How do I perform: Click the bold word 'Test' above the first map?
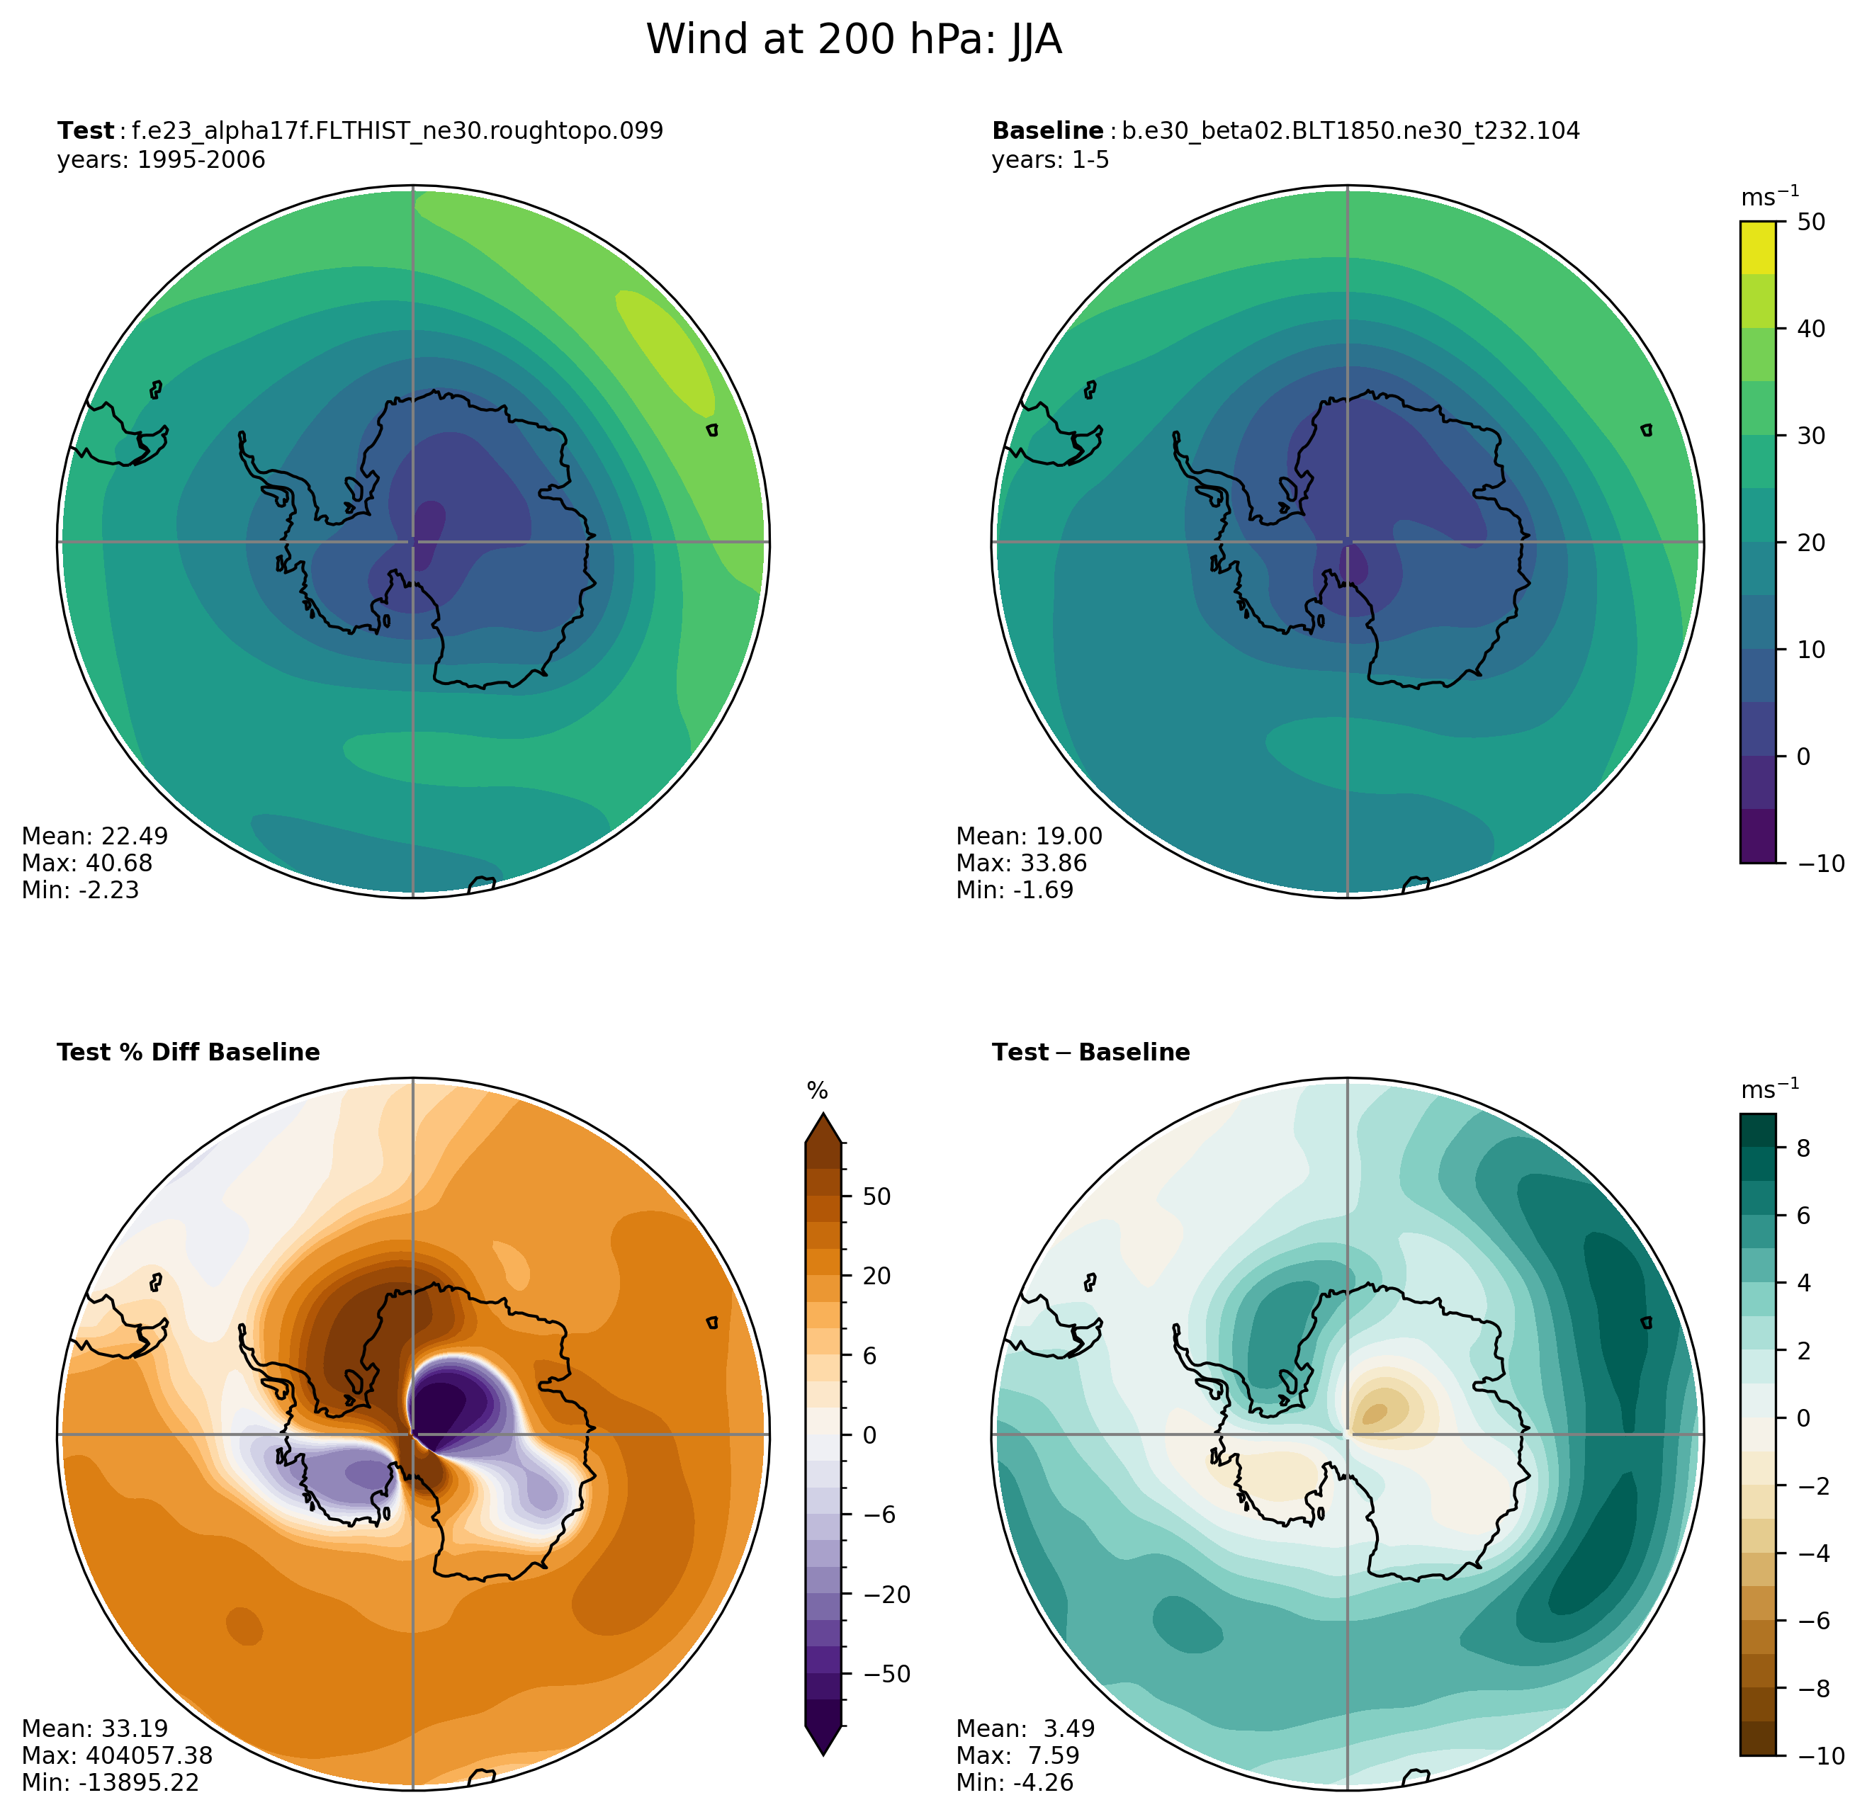85,131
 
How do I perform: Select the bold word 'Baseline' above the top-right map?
1047,131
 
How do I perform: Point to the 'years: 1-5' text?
1050,159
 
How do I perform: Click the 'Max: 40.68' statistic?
87,863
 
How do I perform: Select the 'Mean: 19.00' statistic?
1029,836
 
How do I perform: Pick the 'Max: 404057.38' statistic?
116,1755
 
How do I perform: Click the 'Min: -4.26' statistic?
1015,1782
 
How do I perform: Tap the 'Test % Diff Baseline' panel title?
188,1052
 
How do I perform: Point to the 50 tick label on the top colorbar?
1811,222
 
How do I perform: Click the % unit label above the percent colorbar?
817,1091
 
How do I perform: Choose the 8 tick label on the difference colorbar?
1803,1148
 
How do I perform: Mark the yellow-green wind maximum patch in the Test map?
666,349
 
